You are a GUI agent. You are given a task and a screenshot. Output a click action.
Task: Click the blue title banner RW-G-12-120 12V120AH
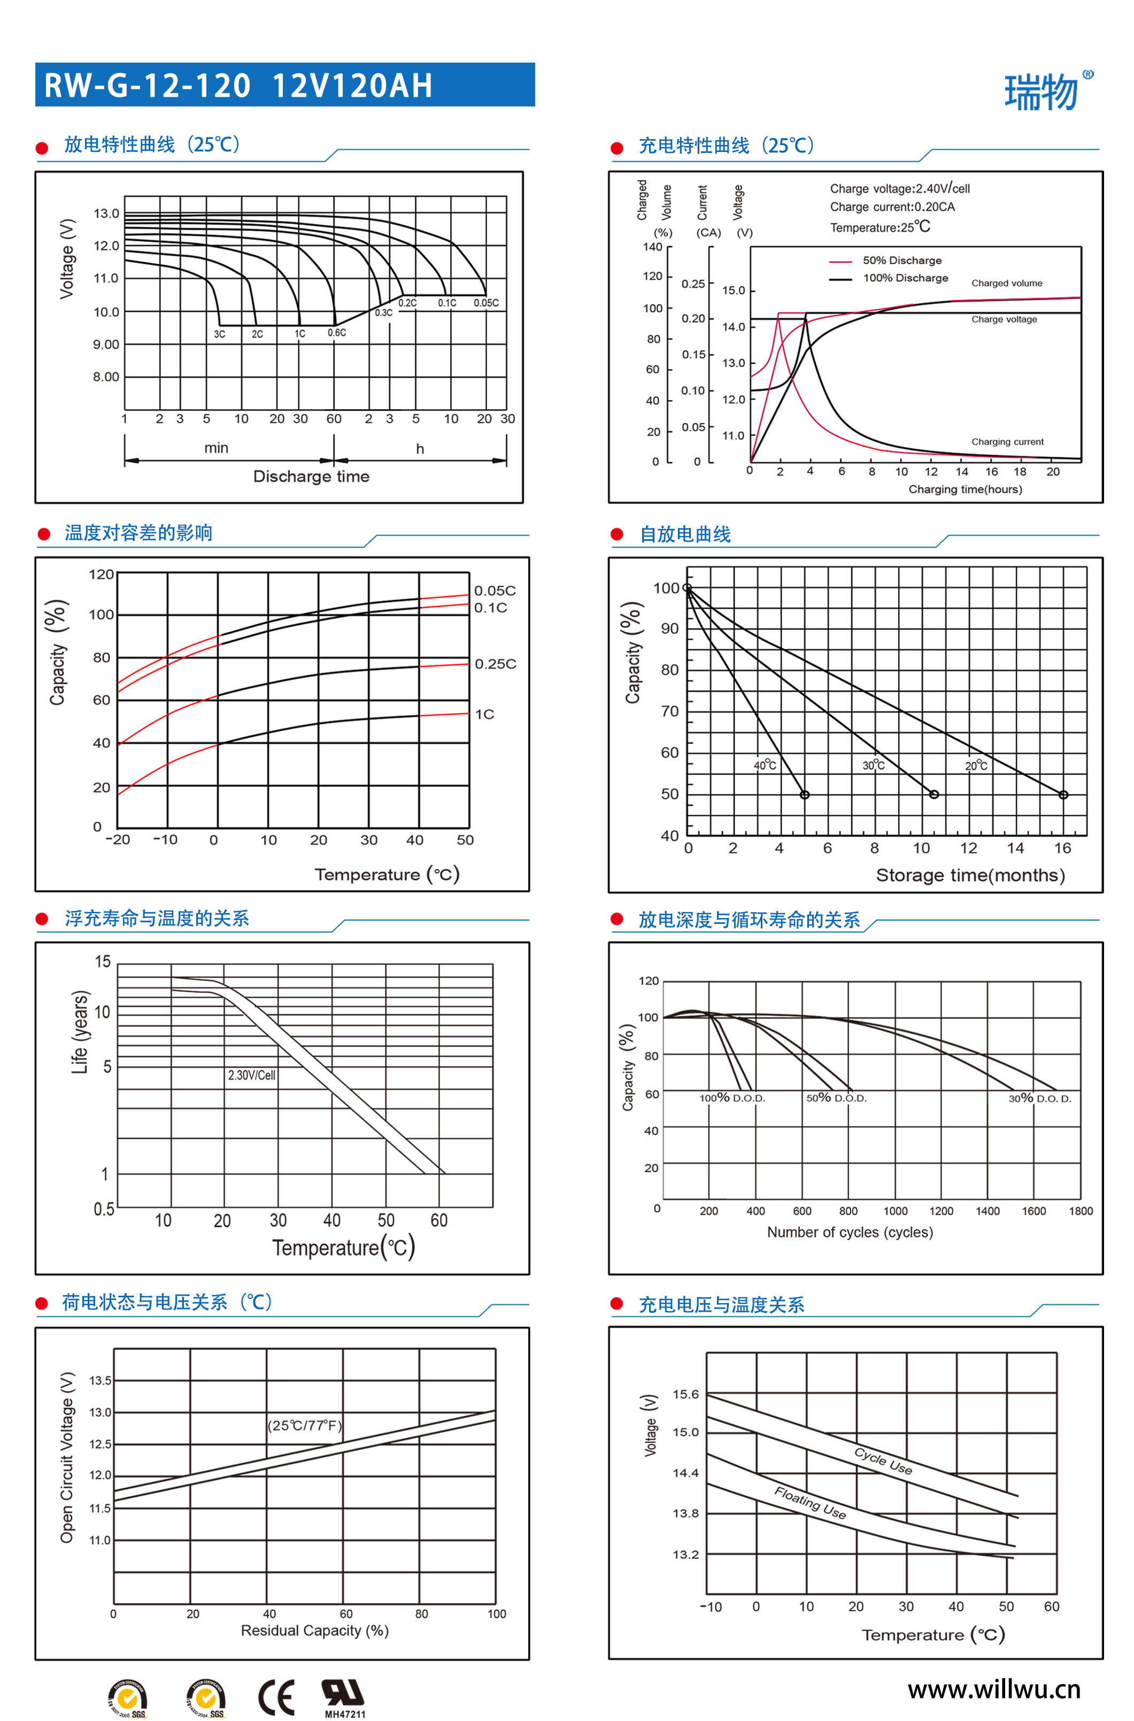(284, 85)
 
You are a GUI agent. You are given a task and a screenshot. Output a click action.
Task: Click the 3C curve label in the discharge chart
(219, 334)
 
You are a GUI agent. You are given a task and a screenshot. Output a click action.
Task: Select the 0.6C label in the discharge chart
(336, 333)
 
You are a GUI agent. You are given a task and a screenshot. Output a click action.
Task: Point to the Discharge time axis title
(311, 476)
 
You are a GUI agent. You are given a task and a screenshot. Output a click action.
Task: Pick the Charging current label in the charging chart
(1007, 442)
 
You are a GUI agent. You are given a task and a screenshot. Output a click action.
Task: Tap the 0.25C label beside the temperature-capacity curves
(496, 664)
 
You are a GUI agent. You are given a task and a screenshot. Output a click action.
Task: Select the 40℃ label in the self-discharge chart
(765, 764)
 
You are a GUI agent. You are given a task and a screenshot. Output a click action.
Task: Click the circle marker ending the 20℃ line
(1063, 795)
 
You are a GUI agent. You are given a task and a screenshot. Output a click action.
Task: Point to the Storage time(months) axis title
(970, 875)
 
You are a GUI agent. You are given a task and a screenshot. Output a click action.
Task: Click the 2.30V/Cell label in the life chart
(252, 1075)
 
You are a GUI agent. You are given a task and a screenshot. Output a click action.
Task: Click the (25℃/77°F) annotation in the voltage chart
(304, 1425)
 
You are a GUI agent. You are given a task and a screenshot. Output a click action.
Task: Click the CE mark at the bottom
(276, 1697)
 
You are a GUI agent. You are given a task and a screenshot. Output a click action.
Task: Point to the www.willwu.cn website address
(994, 1690)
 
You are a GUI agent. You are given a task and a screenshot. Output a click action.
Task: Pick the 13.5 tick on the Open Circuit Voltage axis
(101, 1380)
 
